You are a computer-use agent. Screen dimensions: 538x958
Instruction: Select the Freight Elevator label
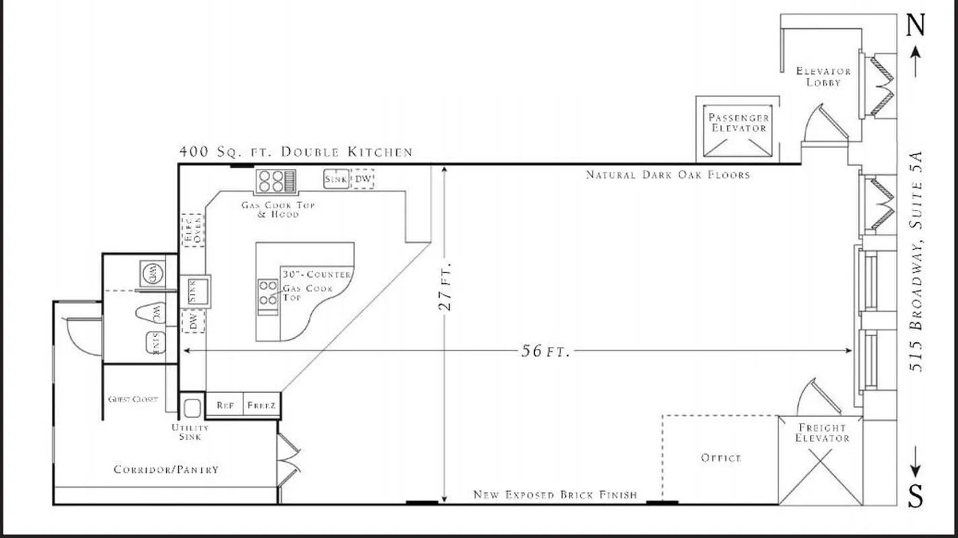(822, 432)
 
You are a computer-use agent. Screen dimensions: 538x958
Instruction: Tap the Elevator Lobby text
(823, 76)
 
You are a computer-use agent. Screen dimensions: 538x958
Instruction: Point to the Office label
(721, 458)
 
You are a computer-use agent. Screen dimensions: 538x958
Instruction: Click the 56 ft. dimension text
(546, 351)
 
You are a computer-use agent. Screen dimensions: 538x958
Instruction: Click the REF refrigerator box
(225, 406)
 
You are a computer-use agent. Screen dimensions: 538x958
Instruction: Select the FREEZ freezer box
(262, 406)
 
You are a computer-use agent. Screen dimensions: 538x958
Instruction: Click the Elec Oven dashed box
(192, 229)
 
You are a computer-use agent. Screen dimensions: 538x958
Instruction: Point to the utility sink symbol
(192, 408)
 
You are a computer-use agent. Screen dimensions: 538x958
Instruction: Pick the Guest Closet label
(133, 399)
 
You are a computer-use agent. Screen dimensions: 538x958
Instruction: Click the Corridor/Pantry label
(166, 469)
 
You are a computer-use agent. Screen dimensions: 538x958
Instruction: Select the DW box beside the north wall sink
(364, 179)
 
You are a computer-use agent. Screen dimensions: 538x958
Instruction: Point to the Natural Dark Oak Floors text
(667, 175)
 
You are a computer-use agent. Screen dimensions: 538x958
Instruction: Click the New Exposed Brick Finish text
(555, 495)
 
